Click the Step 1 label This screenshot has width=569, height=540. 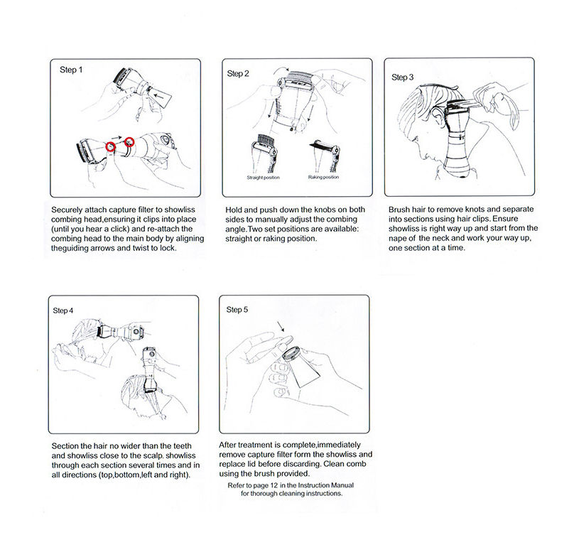coord(70,70)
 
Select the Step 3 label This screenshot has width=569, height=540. coord(403,76)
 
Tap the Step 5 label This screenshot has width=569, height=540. coord(237,310)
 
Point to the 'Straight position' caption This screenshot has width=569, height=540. coord(263,177)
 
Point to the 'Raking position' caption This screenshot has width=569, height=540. coord(324,177)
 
